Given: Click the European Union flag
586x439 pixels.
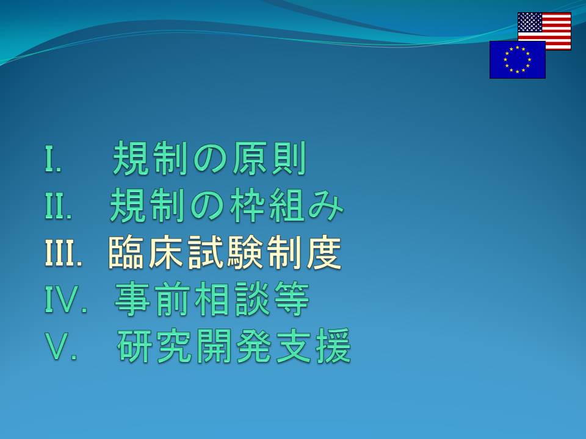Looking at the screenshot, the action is tap(518, 60).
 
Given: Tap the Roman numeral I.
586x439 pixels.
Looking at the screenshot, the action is tap(52, 159).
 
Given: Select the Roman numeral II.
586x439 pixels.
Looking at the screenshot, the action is tap(58, 205).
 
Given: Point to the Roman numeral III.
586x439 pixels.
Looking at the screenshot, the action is tap(63, 252).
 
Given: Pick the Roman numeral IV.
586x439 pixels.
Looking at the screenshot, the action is tap(66, 299).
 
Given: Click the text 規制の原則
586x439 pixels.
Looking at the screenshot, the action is tap(209, 159).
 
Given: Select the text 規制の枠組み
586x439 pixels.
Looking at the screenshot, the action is tap(226, 205).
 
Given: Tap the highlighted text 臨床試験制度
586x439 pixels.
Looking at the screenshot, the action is tap(225, 252).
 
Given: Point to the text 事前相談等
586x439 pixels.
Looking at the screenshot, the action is tap(212, 299).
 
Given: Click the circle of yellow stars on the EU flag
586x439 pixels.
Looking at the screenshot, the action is tap(518, 60).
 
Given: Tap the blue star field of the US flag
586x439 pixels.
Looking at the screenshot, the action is tap(530, 22).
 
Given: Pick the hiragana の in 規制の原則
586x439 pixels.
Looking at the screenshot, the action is tap(209, 160).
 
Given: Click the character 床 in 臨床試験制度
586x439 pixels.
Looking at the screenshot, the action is tap(166, 252).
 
